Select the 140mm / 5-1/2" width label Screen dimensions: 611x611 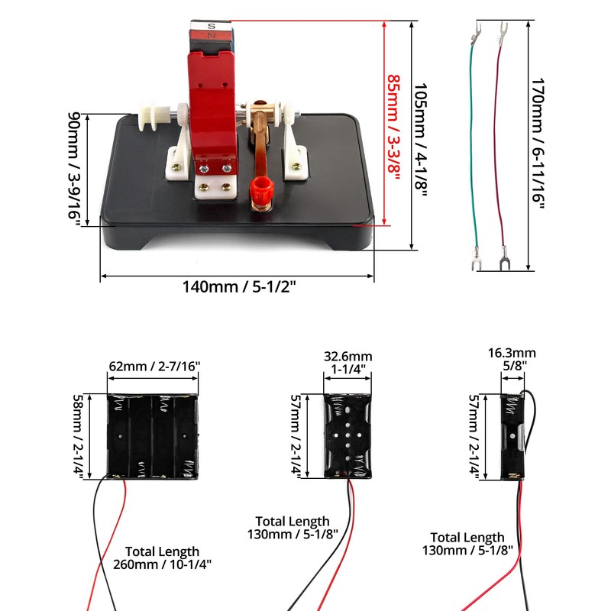[x=238, y=288]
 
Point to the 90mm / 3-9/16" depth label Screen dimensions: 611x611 [x=75, y=170]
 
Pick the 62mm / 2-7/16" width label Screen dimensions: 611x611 [x=154, y=367]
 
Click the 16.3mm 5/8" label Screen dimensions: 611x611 [x=512, y=359]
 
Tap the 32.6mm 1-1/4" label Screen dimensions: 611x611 [x=349, y=362]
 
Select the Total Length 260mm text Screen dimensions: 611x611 [x=162, y=558]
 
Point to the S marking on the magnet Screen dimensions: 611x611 [x=212, y=27]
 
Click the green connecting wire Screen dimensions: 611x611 [x=474, y=145]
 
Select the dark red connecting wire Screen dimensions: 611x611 [x=499, y=145]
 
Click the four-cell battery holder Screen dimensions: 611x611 [x=153, y=435]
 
